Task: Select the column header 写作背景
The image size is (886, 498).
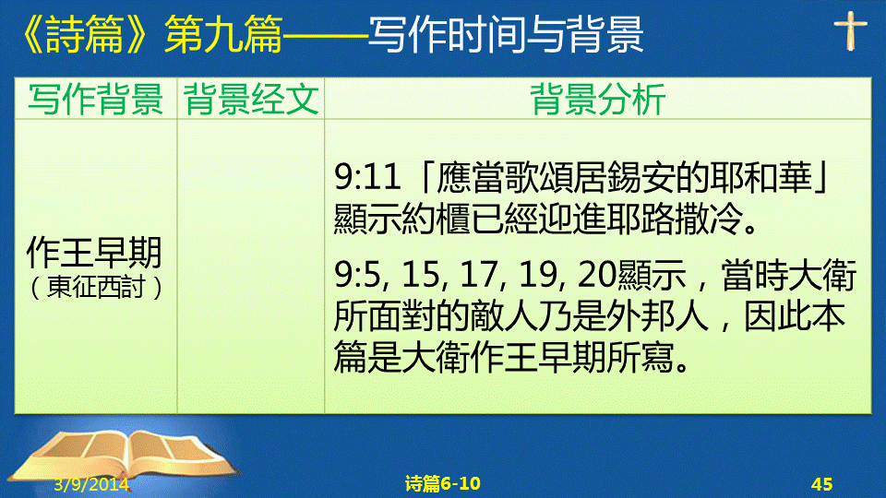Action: [x=95, y=99]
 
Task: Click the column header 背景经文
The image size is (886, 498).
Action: [x=251, y=99]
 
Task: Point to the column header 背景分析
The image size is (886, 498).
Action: [x=598, y=99]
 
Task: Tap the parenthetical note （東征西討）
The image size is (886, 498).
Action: [x=95, y=287]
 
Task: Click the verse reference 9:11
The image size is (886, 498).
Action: [x=367, y=176]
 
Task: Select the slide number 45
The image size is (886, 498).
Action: [x=821, y=484]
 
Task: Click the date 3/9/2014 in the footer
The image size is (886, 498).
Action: [x=91, y=484]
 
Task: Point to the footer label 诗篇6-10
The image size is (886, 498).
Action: [x=443, y=483]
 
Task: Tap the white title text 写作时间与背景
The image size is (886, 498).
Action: [x=506, y=35]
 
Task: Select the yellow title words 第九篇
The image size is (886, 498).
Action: [x=223, y=35]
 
